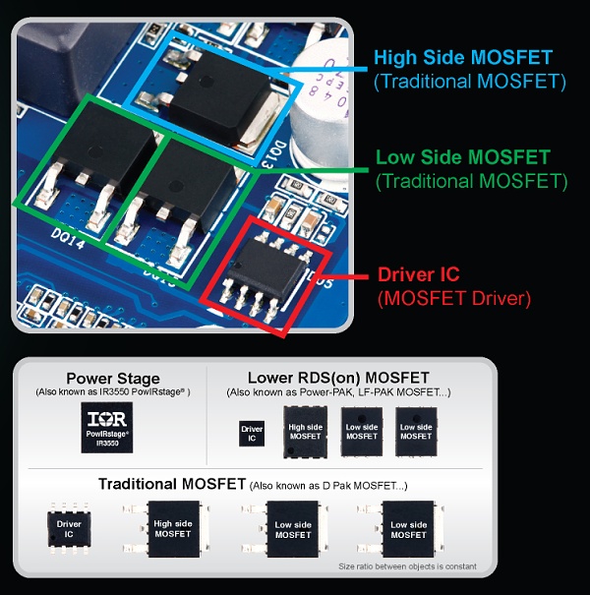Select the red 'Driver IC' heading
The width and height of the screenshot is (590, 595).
tap(420, 275)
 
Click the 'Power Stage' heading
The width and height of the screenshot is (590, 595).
tap(112, 379)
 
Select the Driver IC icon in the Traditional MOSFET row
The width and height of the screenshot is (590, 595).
tap(69, 529)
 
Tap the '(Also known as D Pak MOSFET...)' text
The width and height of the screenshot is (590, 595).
tap(327, 486)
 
